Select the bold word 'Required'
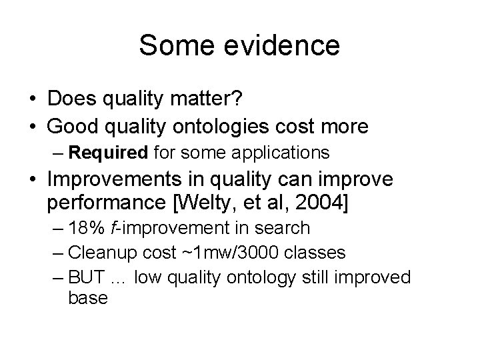[x=107, y=153]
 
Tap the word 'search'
[x=285, y=228]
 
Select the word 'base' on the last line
[x=87, y=297]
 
